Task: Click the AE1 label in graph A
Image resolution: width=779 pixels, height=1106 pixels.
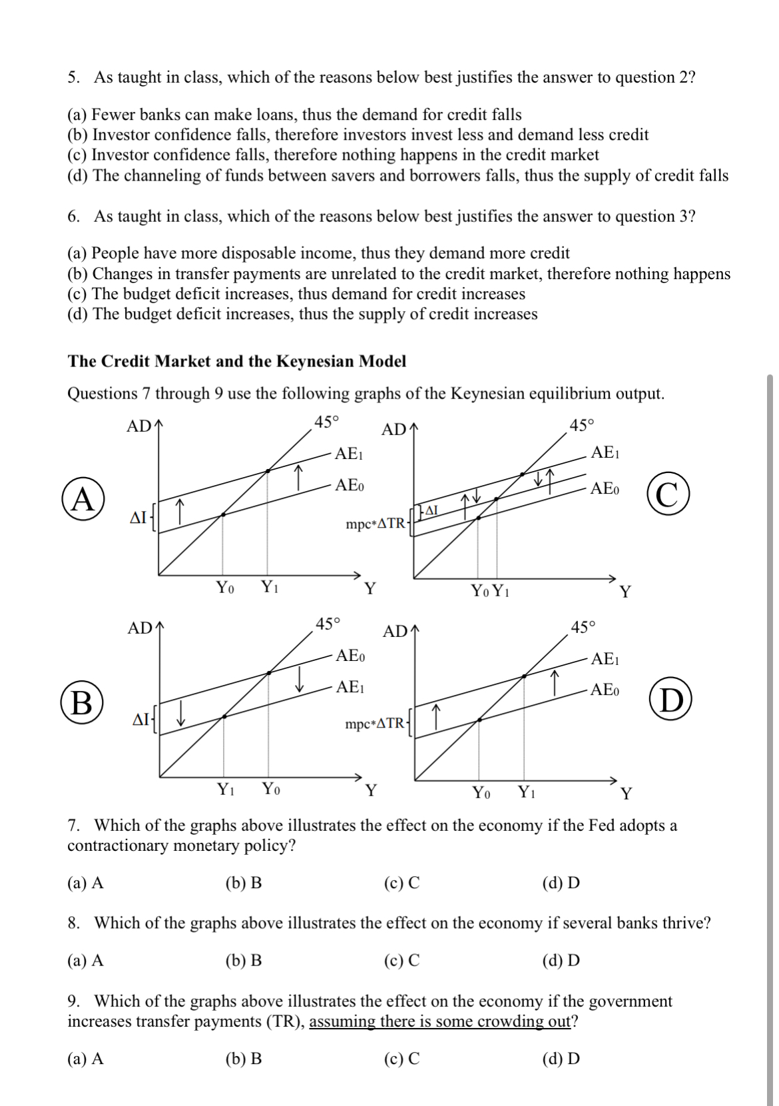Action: (x=348, y=455)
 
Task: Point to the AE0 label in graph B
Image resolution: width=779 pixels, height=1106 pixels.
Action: (x=350, y=656)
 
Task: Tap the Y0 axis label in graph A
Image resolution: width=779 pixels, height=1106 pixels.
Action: (x=225, y=588)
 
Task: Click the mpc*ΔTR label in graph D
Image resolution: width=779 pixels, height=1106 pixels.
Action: (x=374, y=724)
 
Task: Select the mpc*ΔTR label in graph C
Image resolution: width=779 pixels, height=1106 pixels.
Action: (x=375, y=524)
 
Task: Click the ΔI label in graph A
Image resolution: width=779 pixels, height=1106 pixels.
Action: (x=138, y=518)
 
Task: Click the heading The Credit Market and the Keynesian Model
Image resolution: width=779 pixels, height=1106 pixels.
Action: (x=236, y=362)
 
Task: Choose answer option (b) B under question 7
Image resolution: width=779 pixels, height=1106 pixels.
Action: (x=244, y=883)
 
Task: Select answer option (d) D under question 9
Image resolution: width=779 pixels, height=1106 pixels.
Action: (x=561, y=1059)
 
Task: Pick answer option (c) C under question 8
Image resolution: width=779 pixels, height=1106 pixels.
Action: (x=402, y=961)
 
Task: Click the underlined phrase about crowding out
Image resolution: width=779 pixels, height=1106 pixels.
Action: (x=440, y=1022)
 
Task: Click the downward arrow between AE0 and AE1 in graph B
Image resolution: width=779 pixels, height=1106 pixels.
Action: (x=300, y=679)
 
